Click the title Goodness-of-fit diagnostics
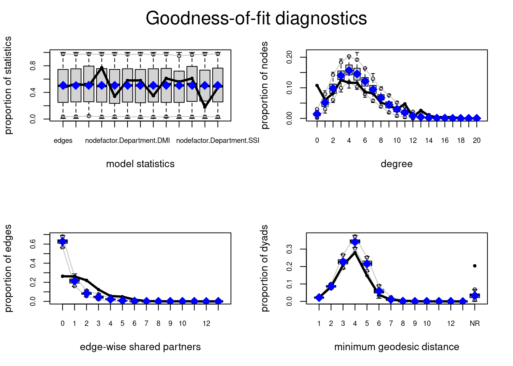pos(256,18)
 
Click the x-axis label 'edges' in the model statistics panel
pos(63,141)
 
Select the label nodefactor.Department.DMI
pos(127,141)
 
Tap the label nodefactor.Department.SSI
pos(218,141)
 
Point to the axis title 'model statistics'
pos(140,164)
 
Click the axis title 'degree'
pos(397,164)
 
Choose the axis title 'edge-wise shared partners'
pos(140,347)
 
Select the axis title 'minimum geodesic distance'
pos(397,347)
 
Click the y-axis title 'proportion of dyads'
pos(265,268)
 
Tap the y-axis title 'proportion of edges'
pos(8,268)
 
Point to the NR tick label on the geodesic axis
pos(474,324)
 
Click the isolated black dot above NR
pos(474,266)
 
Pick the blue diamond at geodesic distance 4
pos(355,242)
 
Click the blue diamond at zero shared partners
pos(63,241)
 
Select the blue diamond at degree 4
pos(349,71)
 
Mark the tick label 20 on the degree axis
pos(476,141)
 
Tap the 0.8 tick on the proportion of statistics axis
pos(33,66)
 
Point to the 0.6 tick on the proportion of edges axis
pos(33,244)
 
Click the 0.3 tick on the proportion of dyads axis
pos(290,249)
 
